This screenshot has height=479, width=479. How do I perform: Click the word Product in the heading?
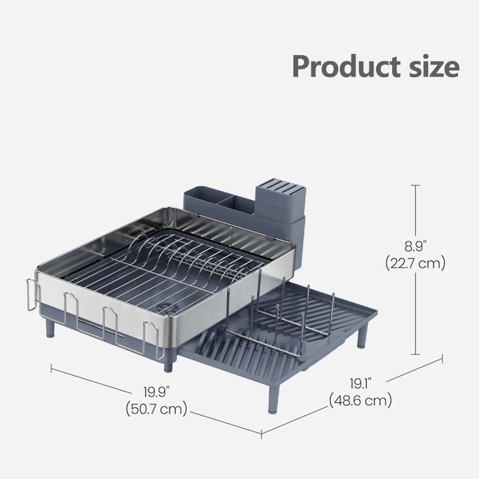[x=346, y=67]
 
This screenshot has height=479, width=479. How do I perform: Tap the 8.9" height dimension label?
[x=415, y=246]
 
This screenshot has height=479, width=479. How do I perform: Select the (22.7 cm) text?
[x=415, y=263]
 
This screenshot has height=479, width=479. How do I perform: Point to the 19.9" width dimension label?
[x=156, y=392]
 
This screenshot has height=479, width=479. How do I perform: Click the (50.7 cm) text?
[x=156, y=409]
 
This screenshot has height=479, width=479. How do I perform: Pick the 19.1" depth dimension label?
[x=360, y=384]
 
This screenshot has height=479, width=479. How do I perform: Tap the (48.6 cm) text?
[x=360, y=401]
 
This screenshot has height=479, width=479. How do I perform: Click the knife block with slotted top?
[x=280, y=202]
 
